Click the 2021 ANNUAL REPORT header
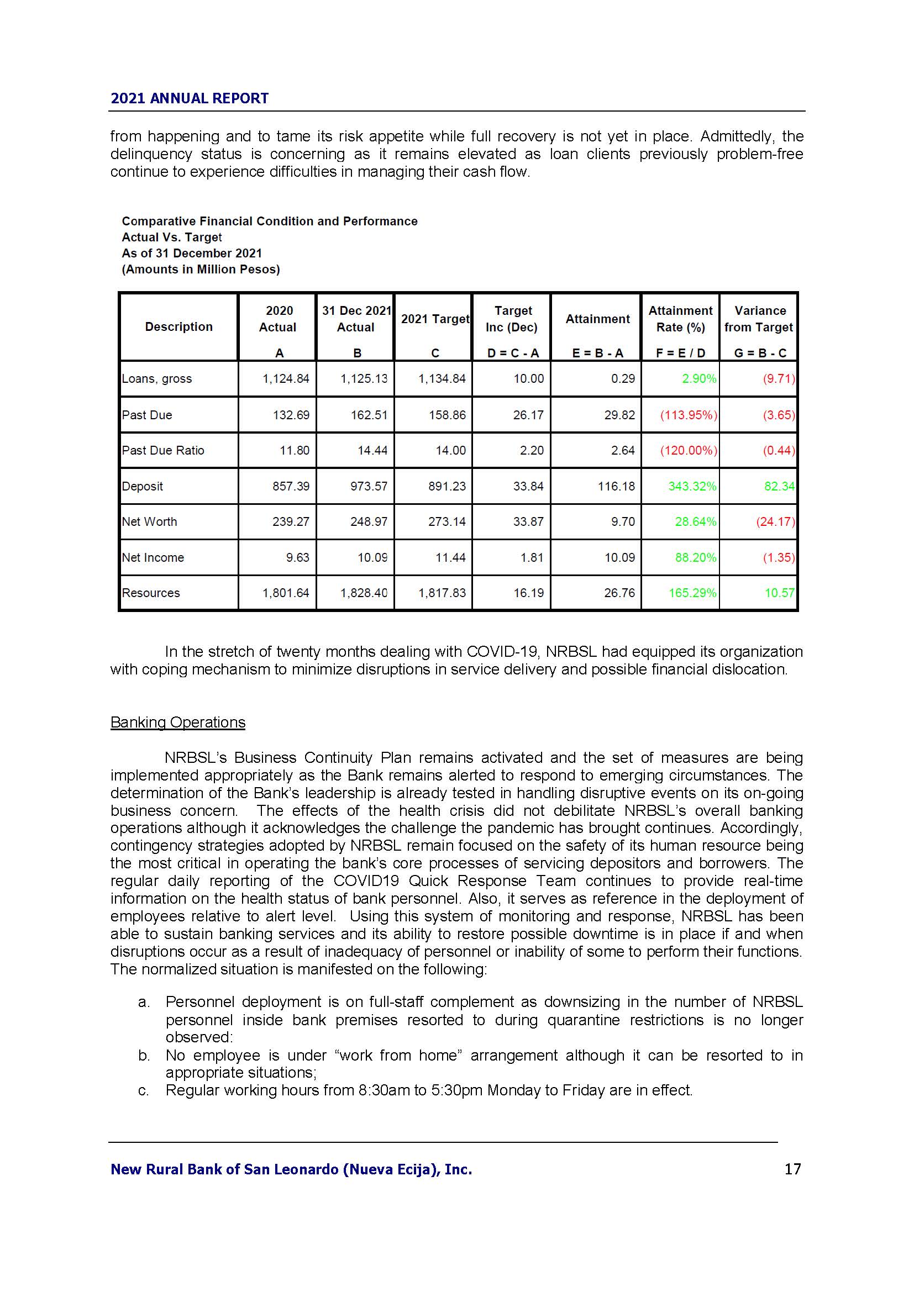point(189,98)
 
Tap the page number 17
point(792,1169)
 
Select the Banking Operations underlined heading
point(178,723)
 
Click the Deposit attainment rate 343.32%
point(692,486)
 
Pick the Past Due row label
point(147,415)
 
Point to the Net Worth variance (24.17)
point(775,521)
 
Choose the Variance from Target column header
point(759,319)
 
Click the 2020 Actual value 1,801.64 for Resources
point(286,593)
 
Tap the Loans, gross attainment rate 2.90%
point(699,379)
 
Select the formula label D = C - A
point(513,354)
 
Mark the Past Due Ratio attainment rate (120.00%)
point(689,451)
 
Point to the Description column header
point(178,327)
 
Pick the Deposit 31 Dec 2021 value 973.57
point(369,486)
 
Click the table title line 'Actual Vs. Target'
point(172,238)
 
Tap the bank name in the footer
point(291,1169)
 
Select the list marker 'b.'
point(144,1056)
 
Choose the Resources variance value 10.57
point(779,593)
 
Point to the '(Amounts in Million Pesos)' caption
point(201,270)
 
